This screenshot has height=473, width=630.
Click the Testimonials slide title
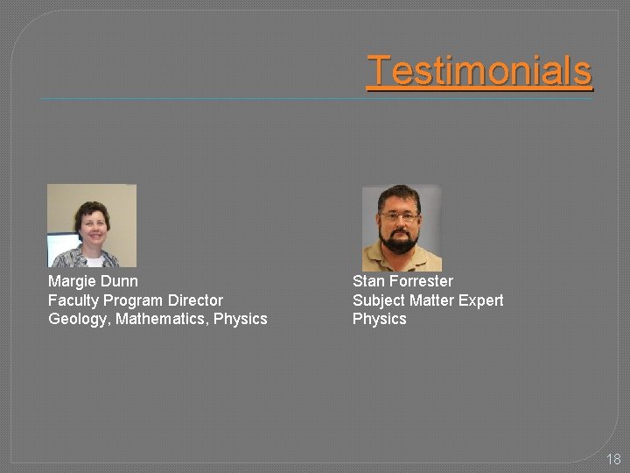click(x=479, y=71)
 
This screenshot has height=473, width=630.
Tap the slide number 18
click(x=612, y=458)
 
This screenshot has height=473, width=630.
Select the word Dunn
click(x=119, y=281)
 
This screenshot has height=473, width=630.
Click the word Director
click(x=195, y=300)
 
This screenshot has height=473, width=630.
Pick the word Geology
click(x=79, y=320)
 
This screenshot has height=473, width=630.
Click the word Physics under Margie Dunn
click(x=241, y=319)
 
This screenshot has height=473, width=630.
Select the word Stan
click(x=367, y=281)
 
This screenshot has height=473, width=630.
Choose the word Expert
click(x=481, y=300)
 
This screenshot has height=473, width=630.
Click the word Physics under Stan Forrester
click(x=380, y=319)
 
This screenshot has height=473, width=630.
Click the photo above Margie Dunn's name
click(x=92, y=225)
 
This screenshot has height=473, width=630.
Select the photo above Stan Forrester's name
click(x=402, y=227)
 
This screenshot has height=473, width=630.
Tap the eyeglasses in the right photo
click(x=400, y=216)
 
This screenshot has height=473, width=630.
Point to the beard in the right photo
click(x=401, y=241)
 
